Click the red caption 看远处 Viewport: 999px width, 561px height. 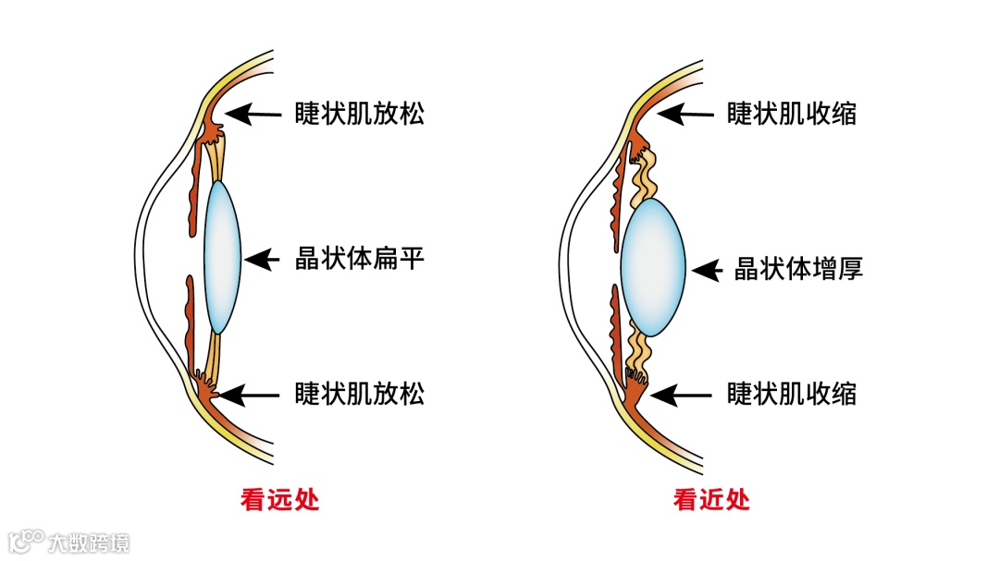pyautogui.click(x=279, y=500)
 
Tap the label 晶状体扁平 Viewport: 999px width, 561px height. pyautogui.click(x=360, y=259)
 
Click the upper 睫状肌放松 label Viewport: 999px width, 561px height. pyautogui.click(x=360, y=114)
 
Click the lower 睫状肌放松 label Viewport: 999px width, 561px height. pyautogui.click(x=360, y=395)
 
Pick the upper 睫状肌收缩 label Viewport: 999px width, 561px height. pyautogui.click(x=792, y=114)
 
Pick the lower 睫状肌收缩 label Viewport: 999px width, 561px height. pyautogui.click(x=792, y=395)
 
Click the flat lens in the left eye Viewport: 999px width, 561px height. pyautogui.click(x=222, y=257)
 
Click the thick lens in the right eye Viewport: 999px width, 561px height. pyautogui.click(x=653, y=268)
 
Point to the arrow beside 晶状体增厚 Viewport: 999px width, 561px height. pyautogui.click(x=706, y=269)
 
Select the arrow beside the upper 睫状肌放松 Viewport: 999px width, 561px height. pyautogui.click(x=253, y=114)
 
